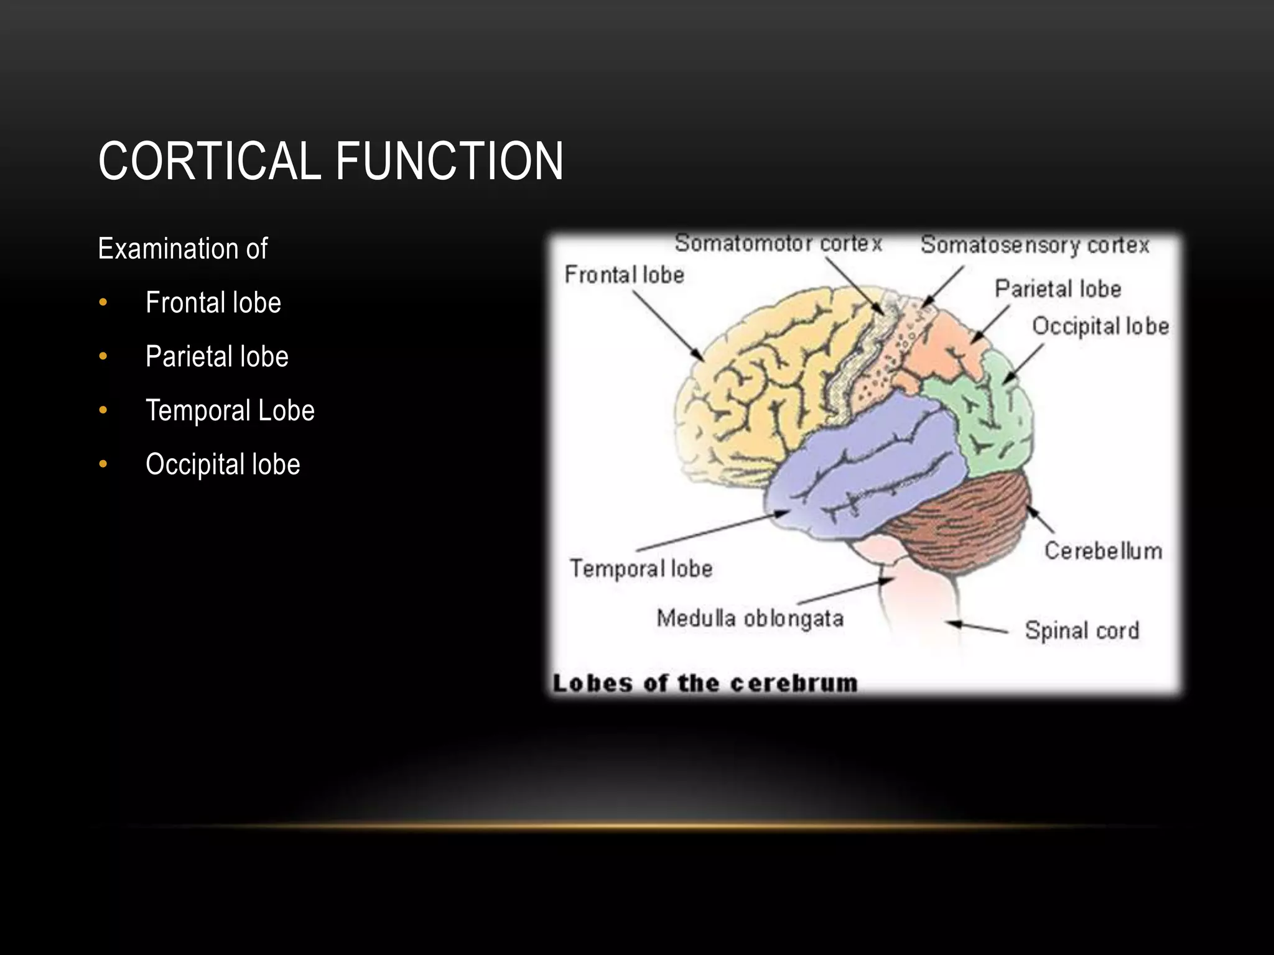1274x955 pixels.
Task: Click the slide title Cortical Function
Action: click(330, 161)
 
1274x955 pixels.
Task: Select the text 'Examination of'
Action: click(182, 249)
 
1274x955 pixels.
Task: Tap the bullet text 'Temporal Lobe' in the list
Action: click(230, 410)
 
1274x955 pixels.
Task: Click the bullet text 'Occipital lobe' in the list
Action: click(223, 464)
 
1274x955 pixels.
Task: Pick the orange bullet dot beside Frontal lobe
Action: click(103, 303)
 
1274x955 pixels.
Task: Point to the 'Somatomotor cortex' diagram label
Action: click(778, 243)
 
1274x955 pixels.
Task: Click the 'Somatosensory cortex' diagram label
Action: click(1035, 245)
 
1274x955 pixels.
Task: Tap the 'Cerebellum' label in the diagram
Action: click(1103, 551)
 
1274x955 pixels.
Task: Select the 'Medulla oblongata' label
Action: click(750, 619)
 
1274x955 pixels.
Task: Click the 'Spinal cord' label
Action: click(1082, 630)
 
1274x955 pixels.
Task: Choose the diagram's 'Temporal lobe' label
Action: click(641, 568)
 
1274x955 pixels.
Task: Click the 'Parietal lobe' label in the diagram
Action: click(1058, 289)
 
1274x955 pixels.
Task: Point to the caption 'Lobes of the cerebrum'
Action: click(705, 683)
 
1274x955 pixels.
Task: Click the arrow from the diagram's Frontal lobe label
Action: click(669, 326)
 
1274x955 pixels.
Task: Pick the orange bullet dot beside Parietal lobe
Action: click(103, 357)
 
